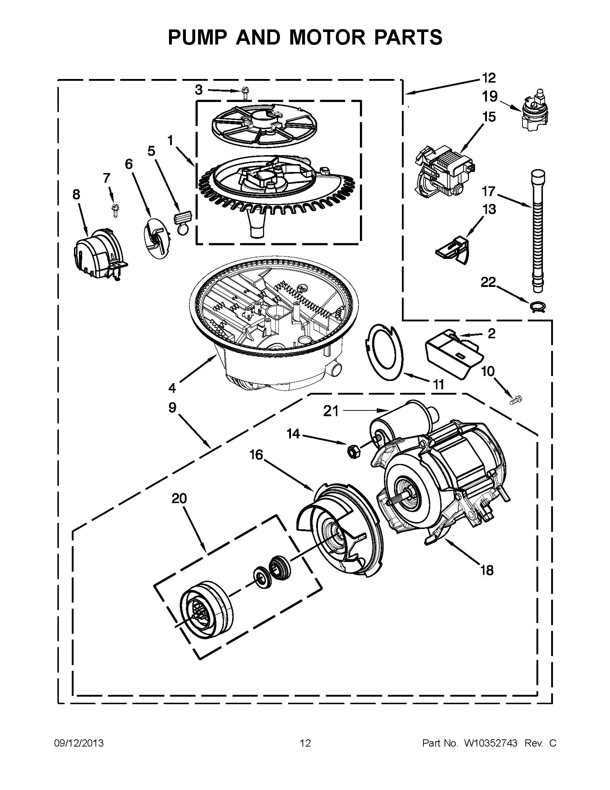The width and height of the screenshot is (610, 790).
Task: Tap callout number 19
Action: [489, 97]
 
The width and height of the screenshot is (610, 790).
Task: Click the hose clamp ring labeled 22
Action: [537, 306]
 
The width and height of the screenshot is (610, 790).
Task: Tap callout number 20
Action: [179, 498]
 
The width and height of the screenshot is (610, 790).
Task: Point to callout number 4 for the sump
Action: [172, 388]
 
